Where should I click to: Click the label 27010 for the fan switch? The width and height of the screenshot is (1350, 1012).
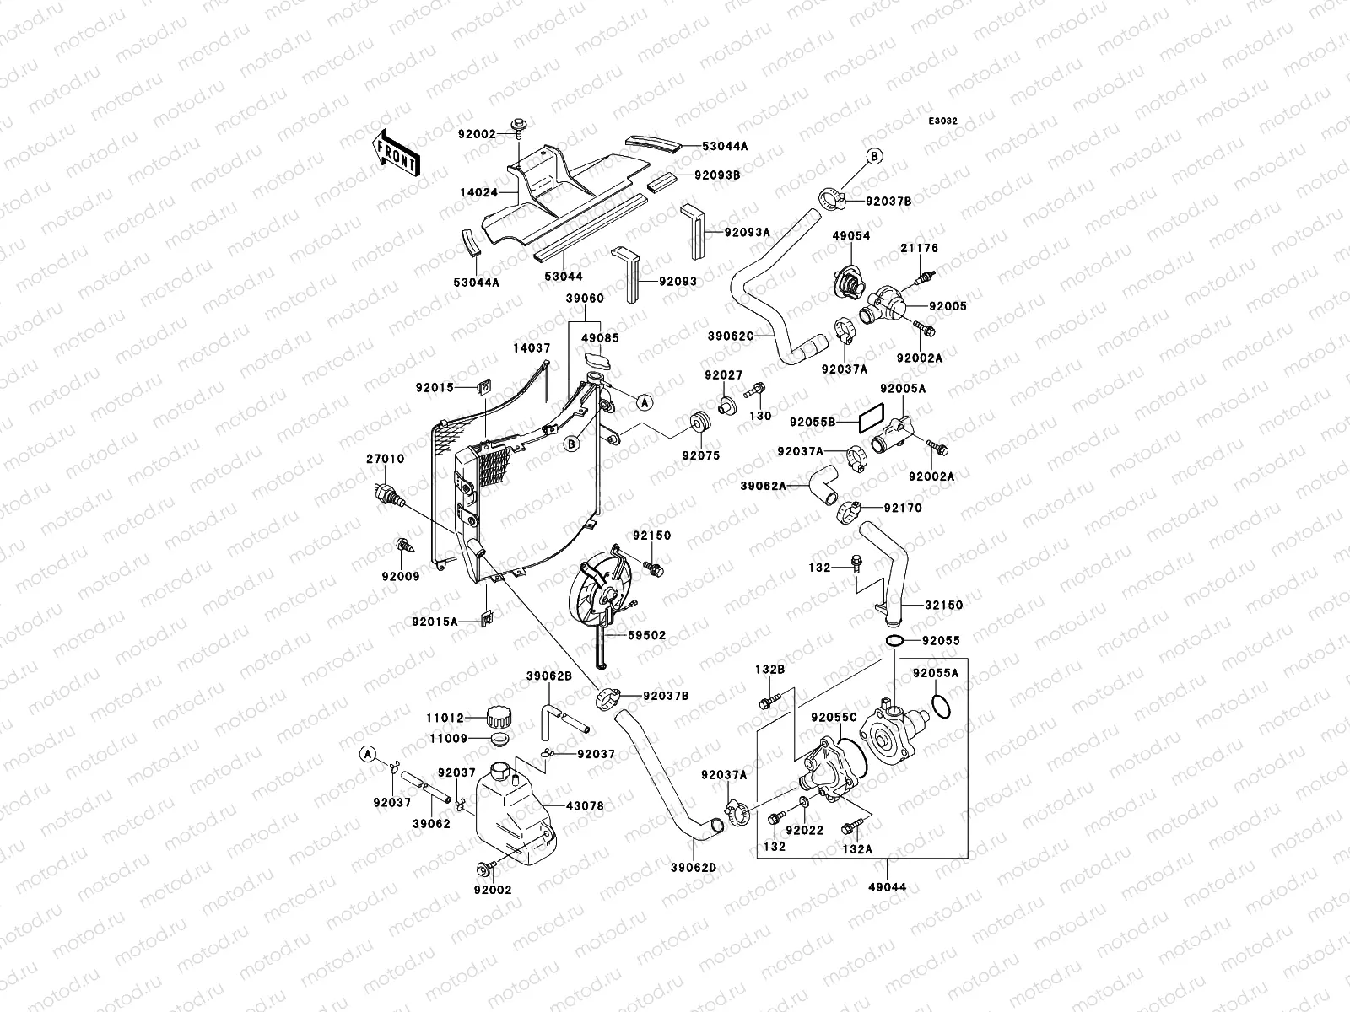tap(385, 459)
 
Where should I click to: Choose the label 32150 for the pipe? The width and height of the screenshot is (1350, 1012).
tap(943, 605)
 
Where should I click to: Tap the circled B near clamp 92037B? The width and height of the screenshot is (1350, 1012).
tap(872, 156)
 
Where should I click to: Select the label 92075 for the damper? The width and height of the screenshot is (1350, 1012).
tap(701, 455)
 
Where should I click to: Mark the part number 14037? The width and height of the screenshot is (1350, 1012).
tap(532, 347)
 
